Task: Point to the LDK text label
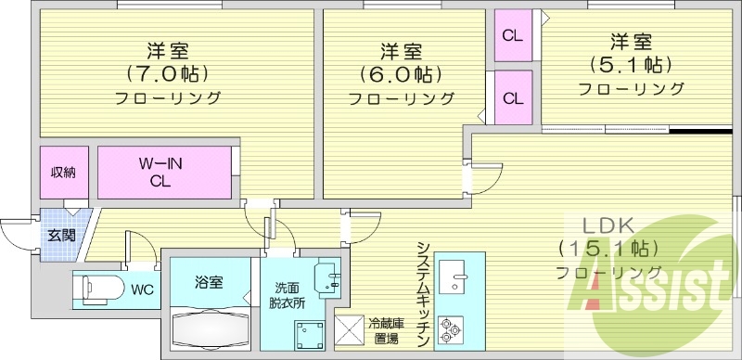point(607,225)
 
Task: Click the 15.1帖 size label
point(608,249)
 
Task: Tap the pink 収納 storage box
point(64,173)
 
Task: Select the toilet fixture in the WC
point(97,289)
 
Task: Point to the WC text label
point(141,289)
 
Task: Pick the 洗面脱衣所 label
point(285,295)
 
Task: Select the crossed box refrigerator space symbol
point(350,328)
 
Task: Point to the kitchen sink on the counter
point(454,278)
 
